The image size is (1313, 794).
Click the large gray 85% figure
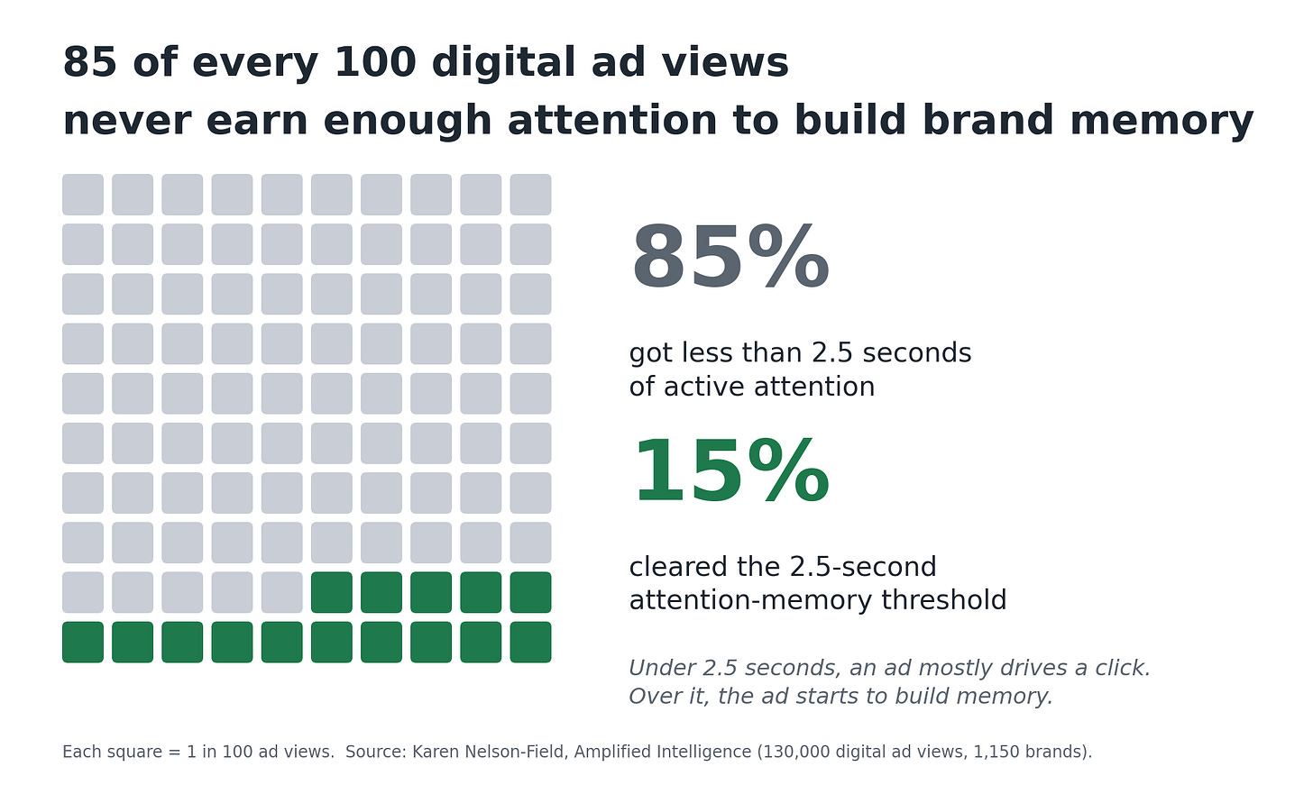coord(730,258)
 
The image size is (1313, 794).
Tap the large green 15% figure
coord(731,471)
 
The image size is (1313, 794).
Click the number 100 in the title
coord(374,63)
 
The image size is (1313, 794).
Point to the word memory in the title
coord(1161,122)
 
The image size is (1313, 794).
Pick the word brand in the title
coord(987,120)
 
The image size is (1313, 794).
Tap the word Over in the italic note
coord(649,696)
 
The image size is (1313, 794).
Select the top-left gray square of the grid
coord(83,195)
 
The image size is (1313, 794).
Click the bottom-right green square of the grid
coord(530,643)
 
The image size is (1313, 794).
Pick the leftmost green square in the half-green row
coord(332,592)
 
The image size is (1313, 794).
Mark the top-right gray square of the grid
coord(530,195)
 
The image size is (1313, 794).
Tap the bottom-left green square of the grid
coord(83,643)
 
